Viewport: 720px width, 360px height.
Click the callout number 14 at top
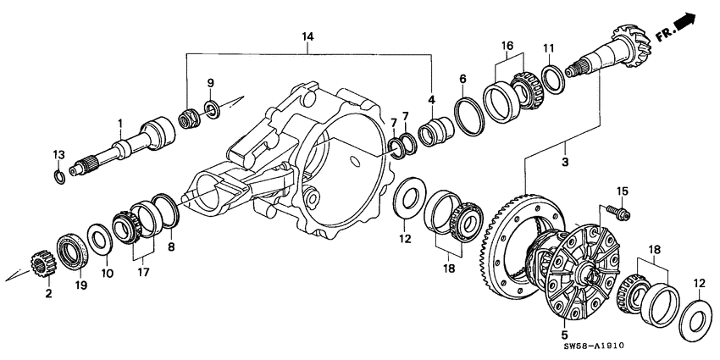(307, 36)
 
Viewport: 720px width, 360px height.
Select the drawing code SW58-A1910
(662, 343)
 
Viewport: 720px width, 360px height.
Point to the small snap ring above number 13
(59, 175)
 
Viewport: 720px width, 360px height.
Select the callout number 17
(142, 274)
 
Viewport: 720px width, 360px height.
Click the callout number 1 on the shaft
(120, 123)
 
